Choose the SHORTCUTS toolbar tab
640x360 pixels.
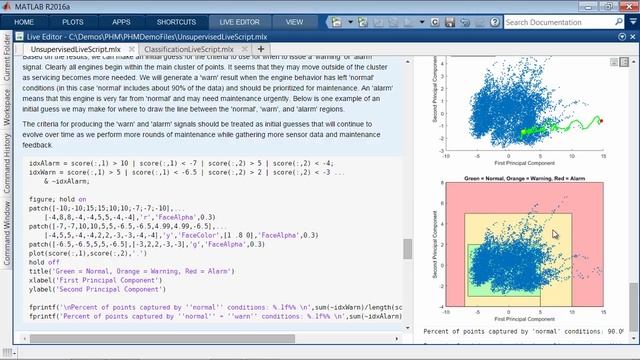(177, 20)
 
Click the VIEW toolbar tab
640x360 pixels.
(294, 20)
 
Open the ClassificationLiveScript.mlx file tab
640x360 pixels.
(189, 48)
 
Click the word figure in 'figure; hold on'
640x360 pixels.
(42, 199)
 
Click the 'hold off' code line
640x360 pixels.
(46, 262)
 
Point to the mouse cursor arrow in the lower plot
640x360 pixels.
(555, 234)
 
